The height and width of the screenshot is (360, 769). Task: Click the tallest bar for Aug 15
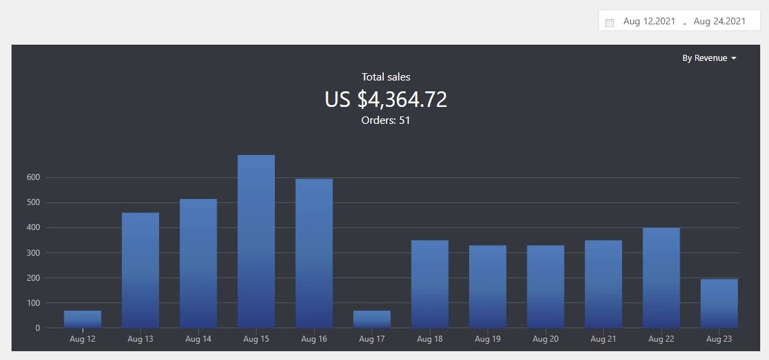tap(256, 242)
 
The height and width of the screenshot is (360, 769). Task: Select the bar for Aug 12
tap(83, 319)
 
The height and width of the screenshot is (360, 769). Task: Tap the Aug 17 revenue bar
tap(372, 319)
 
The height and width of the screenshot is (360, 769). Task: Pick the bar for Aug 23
tap(719, 303)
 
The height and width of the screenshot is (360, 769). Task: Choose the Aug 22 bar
tap(661, 277)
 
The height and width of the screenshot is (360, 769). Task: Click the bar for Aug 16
tap(314, 253)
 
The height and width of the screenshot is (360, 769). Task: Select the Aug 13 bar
tap(140, 270)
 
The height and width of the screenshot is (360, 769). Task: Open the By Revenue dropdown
tap(709, 58)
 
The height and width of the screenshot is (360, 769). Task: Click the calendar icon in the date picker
tap(609, 22)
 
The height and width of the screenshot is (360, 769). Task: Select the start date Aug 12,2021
tap(649, 21)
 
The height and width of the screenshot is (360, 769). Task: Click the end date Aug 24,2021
tap(720, 21)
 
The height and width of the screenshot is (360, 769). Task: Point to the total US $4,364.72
tap(386, 99)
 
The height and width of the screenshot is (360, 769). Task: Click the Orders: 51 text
tap(386, 120)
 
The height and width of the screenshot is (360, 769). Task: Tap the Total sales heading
tap(386, 77)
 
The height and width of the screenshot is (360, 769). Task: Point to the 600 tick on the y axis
tap(33, 177)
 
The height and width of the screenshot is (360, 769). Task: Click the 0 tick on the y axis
tap(37, 328)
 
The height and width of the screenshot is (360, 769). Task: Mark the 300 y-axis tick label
tap(33, 253)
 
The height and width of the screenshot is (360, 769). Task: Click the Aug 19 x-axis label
tap(487, 339)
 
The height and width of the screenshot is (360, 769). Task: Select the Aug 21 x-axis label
tap(603, 339)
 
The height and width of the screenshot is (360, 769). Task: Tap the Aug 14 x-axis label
tap(198, 339)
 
